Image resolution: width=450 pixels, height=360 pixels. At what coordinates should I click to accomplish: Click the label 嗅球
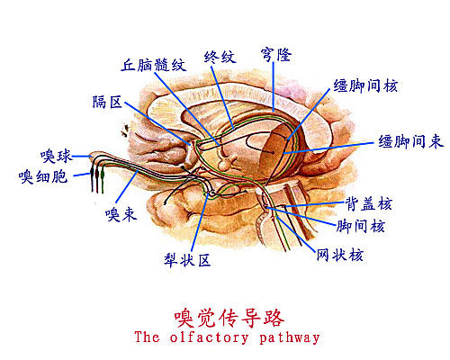coord(57,156)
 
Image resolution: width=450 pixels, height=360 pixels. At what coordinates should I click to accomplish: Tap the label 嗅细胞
coord(43,176)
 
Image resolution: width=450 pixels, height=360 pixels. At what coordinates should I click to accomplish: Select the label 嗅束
coord(121,214)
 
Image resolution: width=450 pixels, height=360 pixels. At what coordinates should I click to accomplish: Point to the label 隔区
coord(107,102)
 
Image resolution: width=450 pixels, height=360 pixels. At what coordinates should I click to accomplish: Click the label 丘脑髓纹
coord(153,65)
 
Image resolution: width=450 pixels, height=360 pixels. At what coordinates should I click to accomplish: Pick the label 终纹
coord(220,57)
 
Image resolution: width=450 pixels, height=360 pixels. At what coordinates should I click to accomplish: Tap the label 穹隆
coord(276,55)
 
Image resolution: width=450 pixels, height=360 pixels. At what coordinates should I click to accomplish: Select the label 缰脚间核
coord(366,85)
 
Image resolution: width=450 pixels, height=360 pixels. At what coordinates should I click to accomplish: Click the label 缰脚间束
coord(410,141)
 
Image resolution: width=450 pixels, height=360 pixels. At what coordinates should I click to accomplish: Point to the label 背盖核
coord(369,204)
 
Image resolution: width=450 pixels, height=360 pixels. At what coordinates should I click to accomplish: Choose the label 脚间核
coord(360,226)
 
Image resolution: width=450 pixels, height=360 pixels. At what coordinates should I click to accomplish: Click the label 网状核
coord(340,255)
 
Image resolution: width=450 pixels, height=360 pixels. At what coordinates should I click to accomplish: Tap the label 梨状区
coord(187,260)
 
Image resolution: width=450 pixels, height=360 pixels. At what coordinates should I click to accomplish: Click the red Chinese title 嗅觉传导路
coord(229,318)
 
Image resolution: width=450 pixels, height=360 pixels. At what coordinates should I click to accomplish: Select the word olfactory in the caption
coord(209,337)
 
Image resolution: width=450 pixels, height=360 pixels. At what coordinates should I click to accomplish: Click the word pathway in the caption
coord(290,337)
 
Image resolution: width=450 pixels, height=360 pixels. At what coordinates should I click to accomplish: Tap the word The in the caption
coord(147,337)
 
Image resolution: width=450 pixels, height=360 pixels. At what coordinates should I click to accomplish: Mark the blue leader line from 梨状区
coord(200,223)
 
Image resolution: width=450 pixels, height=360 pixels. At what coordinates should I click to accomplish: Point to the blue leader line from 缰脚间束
coord(328,148)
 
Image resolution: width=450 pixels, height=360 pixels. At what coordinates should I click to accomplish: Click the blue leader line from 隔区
coord(157,123)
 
